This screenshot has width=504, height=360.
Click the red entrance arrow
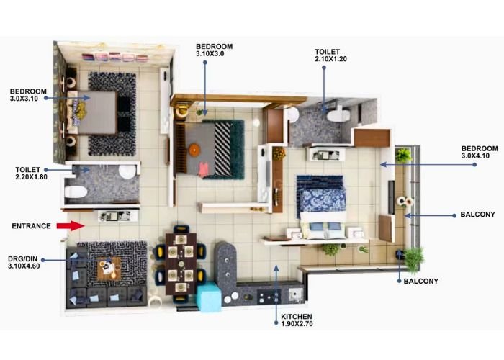(71, 225)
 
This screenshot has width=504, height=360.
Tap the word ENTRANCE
(31, 226)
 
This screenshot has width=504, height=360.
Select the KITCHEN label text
(297, 317)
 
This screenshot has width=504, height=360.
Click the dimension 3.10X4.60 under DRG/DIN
(24, 266)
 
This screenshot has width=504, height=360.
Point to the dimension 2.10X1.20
(331, 59)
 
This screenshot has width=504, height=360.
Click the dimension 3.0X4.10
(475, 156)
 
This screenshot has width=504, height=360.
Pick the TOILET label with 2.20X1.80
(28, 170)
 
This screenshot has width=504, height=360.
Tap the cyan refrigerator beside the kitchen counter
(209, 297)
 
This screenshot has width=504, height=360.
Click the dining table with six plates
(181, 264)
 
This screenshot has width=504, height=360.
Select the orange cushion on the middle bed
(194, 150)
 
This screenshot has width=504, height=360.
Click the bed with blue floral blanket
(321, 207)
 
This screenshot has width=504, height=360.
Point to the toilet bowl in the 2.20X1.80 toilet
(76, 192)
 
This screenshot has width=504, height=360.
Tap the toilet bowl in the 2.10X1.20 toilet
(338, 114)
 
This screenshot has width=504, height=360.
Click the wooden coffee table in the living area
(109, 269)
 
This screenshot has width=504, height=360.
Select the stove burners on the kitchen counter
(269, 297)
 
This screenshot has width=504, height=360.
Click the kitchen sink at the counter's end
(295, 294)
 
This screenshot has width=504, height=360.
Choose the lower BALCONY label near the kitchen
(421, 282)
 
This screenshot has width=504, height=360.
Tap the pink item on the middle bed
(203, 169)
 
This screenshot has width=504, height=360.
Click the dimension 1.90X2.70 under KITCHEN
(297, 324)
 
